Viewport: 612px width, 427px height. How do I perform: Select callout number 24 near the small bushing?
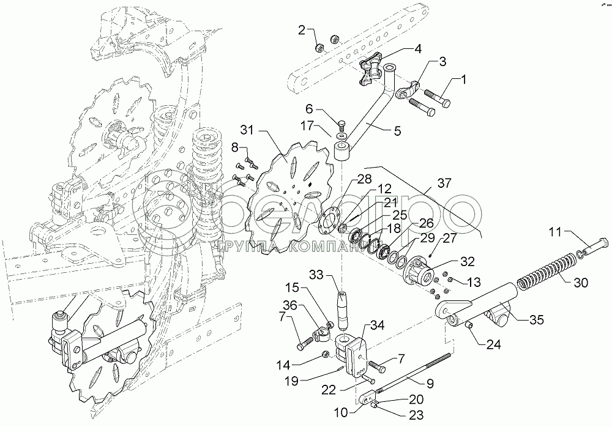point(493,344)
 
